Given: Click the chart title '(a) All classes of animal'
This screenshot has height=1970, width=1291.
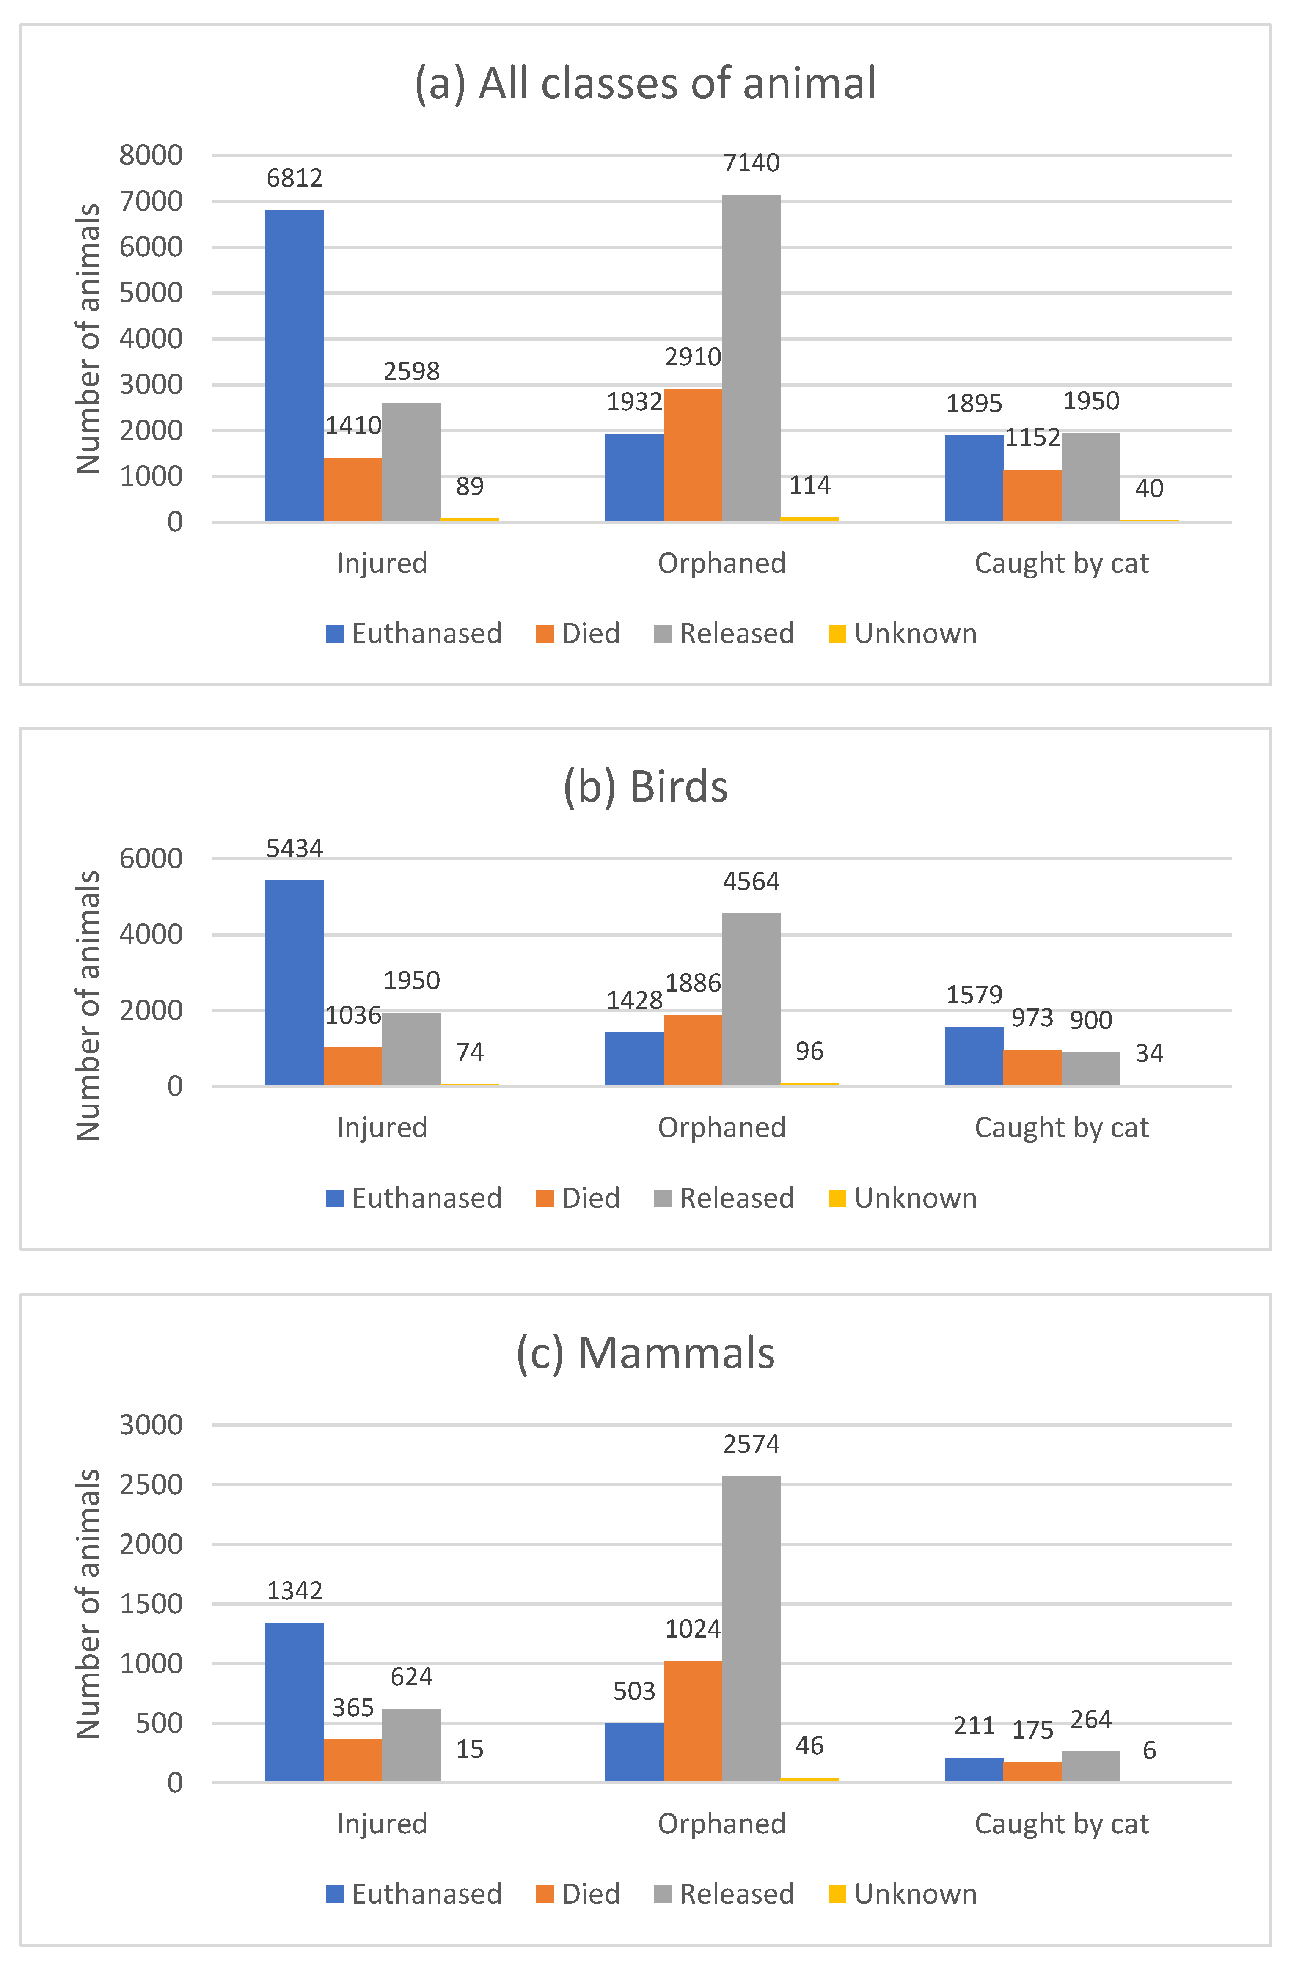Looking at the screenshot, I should point(645,84).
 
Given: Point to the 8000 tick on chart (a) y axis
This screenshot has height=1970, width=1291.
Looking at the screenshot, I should point(151,155).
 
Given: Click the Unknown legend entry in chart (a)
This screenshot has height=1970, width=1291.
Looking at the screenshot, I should point(903,633).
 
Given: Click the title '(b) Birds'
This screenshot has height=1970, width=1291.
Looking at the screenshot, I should point(645,786).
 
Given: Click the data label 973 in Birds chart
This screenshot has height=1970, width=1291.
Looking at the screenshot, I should point(1032,1017).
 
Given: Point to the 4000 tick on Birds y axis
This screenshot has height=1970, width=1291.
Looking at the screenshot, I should point(151,934).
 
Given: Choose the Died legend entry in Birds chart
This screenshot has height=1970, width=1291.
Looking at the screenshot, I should point(578,1198).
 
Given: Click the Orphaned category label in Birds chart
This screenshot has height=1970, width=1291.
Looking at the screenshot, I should point(721,1127).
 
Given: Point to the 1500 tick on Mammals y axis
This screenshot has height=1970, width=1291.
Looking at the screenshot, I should point(151,1604).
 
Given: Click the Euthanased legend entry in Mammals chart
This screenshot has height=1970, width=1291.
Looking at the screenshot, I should point(414,1894).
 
